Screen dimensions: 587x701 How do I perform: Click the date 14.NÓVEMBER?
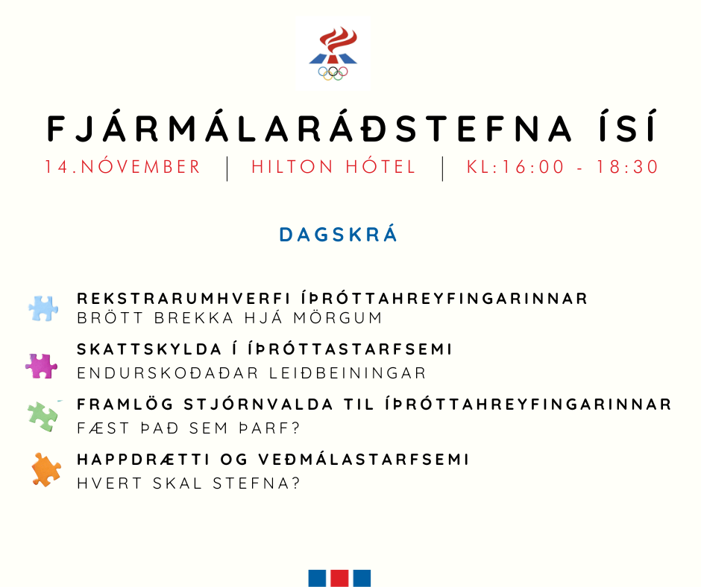coord(122,167)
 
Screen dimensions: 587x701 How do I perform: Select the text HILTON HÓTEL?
coord(333,167)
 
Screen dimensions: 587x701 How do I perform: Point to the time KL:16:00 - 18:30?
coord(563,167)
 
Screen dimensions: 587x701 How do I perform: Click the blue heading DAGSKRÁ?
coord(339,235)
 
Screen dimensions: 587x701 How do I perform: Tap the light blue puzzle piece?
coord(43,308)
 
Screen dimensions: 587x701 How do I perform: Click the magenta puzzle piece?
coord(41,365)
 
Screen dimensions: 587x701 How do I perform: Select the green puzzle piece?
coord(43,416)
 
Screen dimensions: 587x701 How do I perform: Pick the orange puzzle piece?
coord(45,469)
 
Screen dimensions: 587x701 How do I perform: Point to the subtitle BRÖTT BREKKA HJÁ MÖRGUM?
coord(230,318)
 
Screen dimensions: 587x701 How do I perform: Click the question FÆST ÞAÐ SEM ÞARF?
coord(189,428)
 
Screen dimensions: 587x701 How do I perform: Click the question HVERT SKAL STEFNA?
coord(189,483)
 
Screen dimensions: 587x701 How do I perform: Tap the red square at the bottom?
coord(339,578)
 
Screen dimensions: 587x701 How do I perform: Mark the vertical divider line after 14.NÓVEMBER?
coord(227,168)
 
